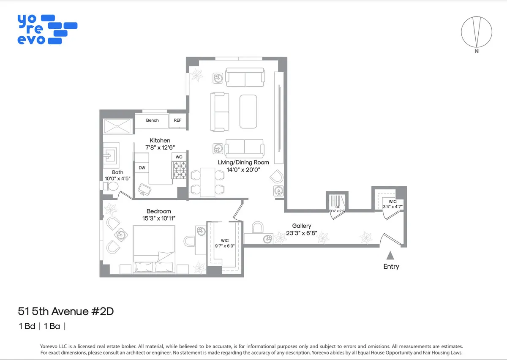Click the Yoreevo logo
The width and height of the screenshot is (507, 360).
pyautogui.click(x=47, y=29)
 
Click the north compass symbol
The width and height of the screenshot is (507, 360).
pyautogui.click(x=477, y=32)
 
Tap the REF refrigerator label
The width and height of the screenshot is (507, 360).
pyautogui.click(x=177, y=120)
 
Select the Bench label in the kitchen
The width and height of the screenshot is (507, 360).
pyautogui.click(x=152, y=120)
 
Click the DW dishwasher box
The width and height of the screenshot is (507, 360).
pyautogui.click(x=142, y=168)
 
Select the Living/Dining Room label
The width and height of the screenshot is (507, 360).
pyautogui.click(x=243, y=162)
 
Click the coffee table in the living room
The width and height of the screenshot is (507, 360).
pyautogui.click(x=248, y=111)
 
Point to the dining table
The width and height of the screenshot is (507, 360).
pyautogui.click(x=207, y=182)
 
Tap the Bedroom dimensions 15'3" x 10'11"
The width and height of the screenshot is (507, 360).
pyautogui.click(x=159, y=218)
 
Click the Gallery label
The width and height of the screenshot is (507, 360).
pyautogui.click(x=302, y=226)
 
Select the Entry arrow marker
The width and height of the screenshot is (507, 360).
pyautogui.click(x=390, y=255)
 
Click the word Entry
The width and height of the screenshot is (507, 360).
pyautogui.click(x=391, y=267)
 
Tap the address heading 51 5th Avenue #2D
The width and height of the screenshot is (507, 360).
pyautogui.click(x=66, y=312)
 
